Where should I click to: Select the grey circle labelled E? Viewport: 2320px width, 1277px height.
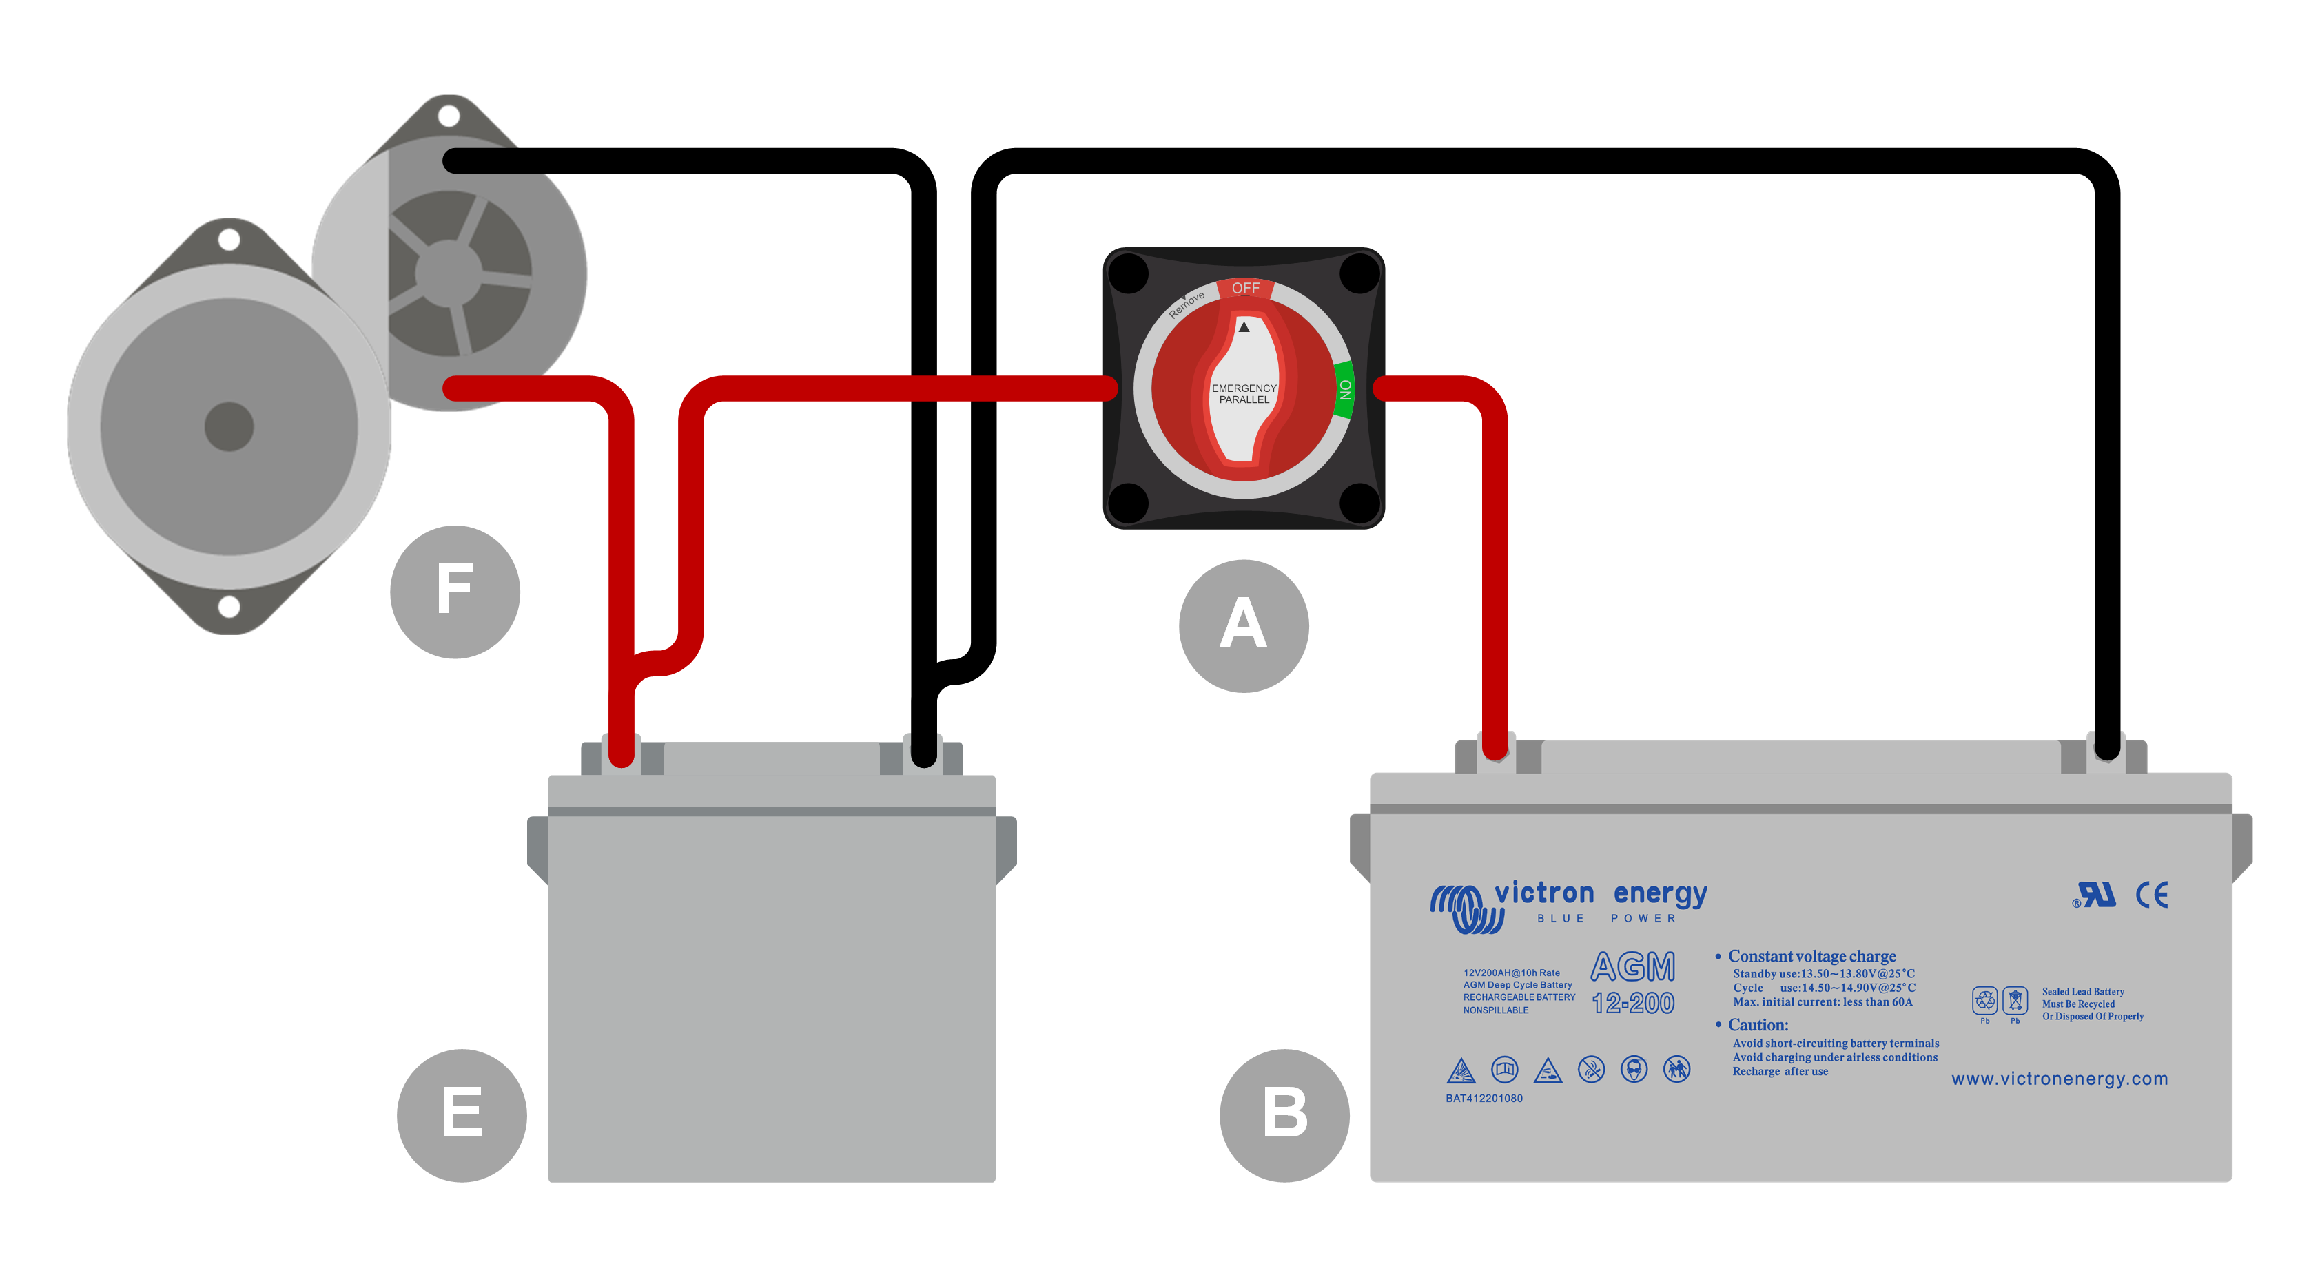[x=461, y=1115]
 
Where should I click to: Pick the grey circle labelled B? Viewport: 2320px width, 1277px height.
[x=1284, y=1115]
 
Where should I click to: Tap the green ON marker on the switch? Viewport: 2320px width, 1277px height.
[x=1344, y=389]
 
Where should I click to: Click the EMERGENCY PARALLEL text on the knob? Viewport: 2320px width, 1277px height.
[x=1244, y=393]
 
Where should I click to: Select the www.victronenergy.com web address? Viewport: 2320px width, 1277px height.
[x=2059, y=1079]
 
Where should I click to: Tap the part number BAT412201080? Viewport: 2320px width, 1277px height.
[x=1484, y=1099]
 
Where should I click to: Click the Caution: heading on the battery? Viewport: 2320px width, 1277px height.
[x=1757, y=1025]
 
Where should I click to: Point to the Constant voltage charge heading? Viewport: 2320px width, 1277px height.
[x=1811, y=957]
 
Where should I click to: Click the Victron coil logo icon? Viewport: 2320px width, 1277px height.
[x=1466, y=908]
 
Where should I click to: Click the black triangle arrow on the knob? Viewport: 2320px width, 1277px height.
[x=1244, y=327]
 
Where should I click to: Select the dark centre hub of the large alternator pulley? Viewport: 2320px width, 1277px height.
[x=229, y=426]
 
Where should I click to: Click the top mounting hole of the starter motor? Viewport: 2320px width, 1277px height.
[x=449, y=116]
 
